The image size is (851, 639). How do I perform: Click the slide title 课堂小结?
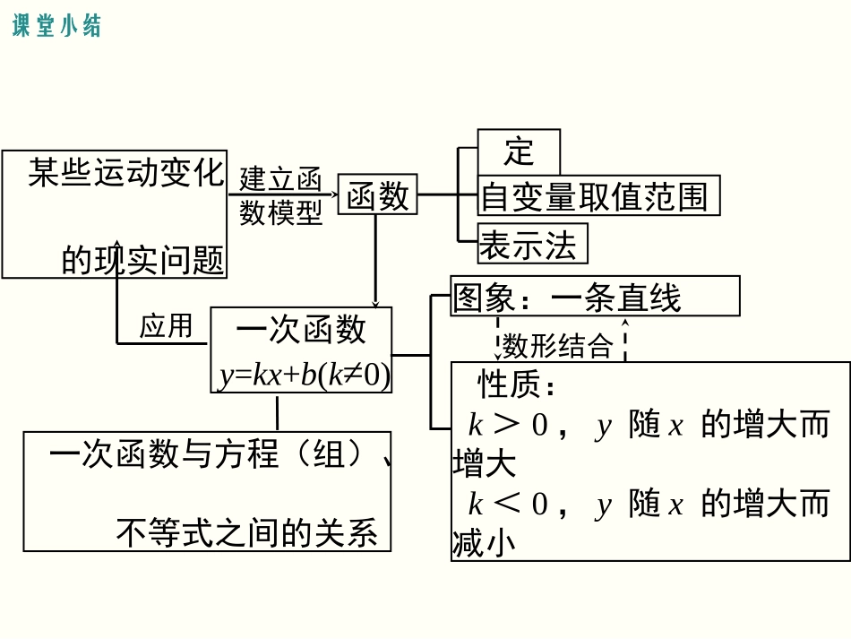pyautogui.click(x=57, y=26)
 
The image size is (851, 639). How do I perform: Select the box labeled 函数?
pyautogui.click(x=377, y=195)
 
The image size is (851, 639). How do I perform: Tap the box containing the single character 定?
pyautogui.click(x=519, y=151)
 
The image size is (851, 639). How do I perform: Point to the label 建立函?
pyautogui.click(x=280, y=178)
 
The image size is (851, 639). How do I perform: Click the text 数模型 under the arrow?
pyautogui.click(x=280, y=212)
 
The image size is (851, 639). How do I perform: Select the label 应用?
pyautogui.click(x=167, y=325)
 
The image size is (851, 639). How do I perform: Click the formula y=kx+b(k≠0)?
pyautogui.click(x=305, y=376)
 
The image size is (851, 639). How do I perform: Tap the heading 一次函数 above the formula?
pyautogui.click(x=301, y=330)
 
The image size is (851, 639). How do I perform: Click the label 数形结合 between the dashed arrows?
pyautogui.click(x=557, y=345)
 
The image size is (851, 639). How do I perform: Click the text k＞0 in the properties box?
pyautogui.click(x=507, y=425)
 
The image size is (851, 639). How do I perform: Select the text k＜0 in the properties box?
pyautogui.click(x=507, y=505)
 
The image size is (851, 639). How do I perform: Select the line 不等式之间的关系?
pyautogui.click(x=247, y=533)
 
